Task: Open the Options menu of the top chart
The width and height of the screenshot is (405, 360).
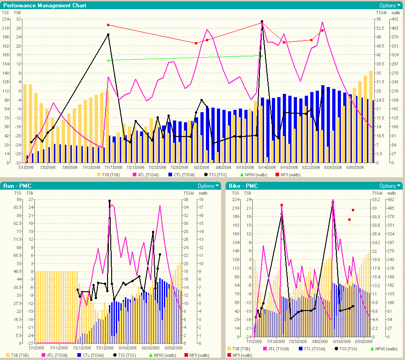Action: [389, 5]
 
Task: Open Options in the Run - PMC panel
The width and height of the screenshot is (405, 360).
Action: [208, 186]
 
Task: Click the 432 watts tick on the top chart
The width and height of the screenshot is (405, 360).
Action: [394, 19]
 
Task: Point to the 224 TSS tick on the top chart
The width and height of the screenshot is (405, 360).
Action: [5, 19]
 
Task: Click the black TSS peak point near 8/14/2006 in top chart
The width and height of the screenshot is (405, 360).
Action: [262, 22]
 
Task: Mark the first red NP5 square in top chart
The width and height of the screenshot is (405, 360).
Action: [108, 25]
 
